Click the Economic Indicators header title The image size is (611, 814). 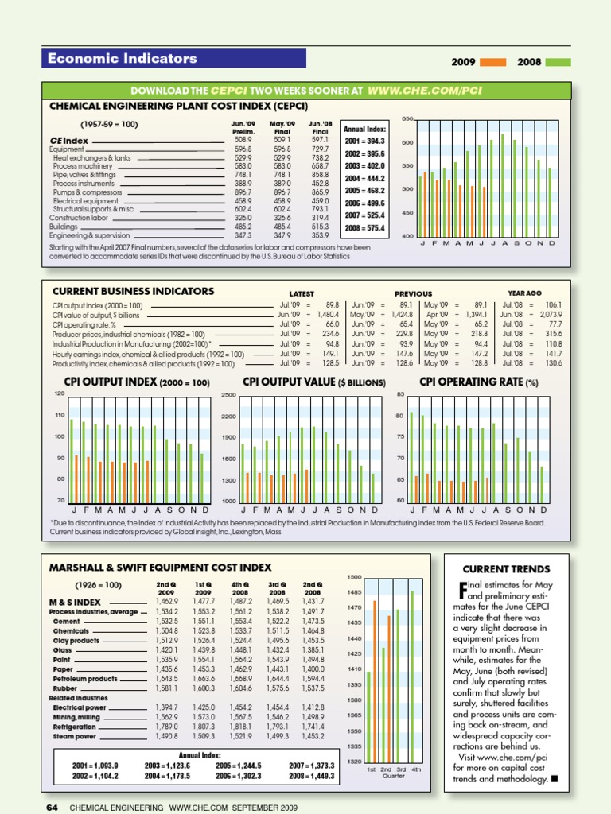123,58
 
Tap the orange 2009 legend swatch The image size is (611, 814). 493,62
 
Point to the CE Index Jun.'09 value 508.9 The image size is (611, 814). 243,140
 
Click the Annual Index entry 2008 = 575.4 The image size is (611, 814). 365,228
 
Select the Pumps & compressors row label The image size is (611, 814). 88,192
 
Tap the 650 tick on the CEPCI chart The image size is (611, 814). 407,119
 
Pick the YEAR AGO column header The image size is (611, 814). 524,293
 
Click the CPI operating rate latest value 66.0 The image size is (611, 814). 332,324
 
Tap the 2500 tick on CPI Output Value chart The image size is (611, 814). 228,395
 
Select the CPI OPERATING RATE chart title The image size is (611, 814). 479,382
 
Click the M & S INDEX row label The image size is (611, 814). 75,602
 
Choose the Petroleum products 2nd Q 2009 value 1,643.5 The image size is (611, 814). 167,679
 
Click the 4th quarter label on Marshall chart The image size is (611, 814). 416,769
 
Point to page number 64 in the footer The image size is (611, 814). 53,807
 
